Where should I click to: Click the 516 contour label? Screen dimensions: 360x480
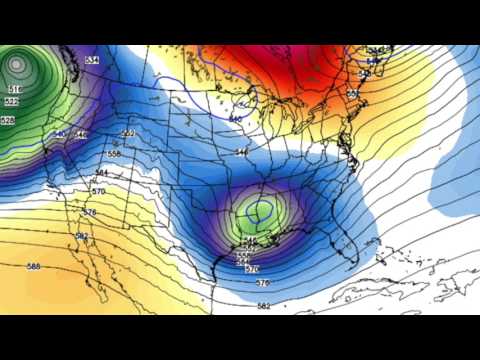coord(14,89)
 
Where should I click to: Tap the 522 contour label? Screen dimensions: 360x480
coord(10,102)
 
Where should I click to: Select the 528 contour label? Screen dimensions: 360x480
coord(8,120)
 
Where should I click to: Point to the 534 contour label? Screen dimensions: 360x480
coord(92,61)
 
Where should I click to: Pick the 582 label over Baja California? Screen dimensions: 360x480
coord(83,236)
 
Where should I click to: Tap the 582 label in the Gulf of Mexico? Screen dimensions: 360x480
coord(263,306)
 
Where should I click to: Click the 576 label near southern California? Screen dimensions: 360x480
coord(90,212)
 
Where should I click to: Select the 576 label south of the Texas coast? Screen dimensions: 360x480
coord(262,283)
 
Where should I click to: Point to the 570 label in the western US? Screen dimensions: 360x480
coord(98,191)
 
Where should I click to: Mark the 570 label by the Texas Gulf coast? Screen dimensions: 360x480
coord(251,269)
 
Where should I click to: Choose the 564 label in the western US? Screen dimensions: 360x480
coord(101,173)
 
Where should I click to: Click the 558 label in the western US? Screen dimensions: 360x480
coord(113,154)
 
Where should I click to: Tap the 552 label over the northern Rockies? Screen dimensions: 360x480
coord(128,133)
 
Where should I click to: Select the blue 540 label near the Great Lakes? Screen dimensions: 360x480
coord(235,119)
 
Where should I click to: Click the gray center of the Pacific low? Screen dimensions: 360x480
coord(15,65)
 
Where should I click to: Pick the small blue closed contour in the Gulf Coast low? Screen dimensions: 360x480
coord(261,211)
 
